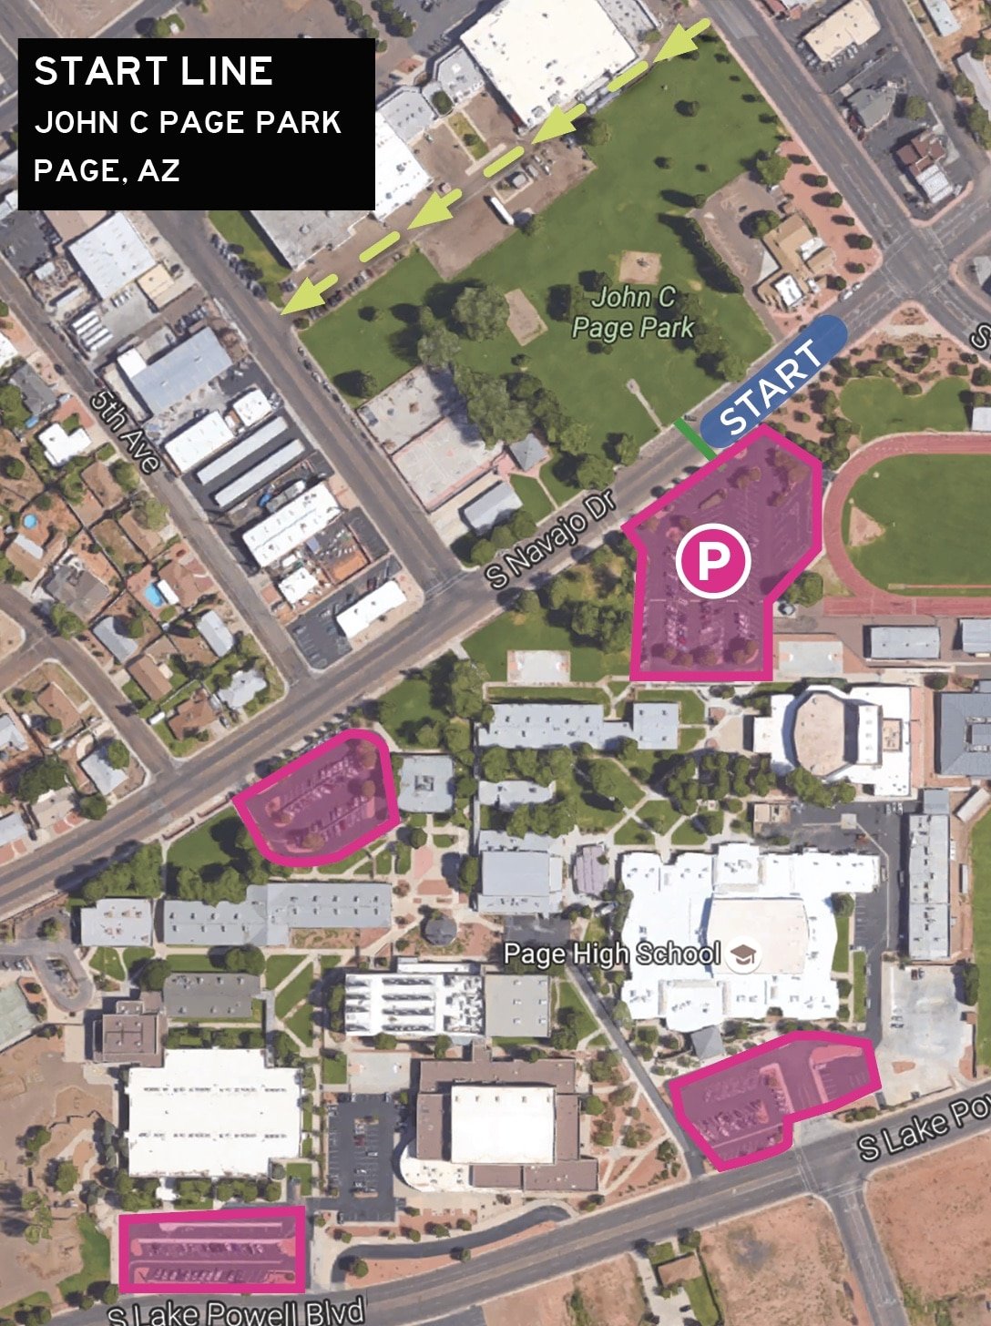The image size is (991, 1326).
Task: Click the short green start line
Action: coord(694,439)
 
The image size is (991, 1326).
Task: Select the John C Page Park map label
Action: coord(634,311)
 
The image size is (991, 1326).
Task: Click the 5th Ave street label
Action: coord(127,431)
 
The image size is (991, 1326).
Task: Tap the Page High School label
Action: coord(612,954)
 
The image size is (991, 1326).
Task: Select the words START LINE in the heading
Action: coord(153,72)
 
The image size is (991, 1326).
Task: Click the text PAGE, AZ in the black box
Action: coord(107,170)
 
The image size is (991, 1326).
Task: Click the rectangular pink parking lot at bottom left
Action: coord(212,1249)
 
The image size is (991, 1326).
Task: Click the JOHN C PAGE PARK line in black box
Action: coord(188,123)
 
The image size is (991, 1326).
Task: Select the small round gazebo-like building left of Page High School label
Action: coord(441,929)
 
